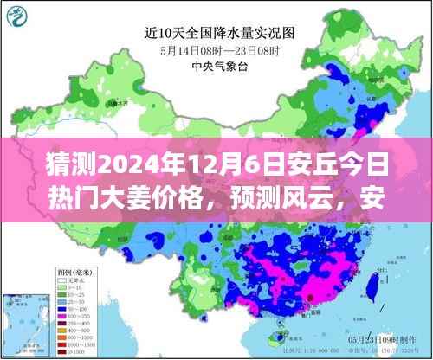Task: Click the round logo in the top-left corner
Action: click(15, 13)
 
